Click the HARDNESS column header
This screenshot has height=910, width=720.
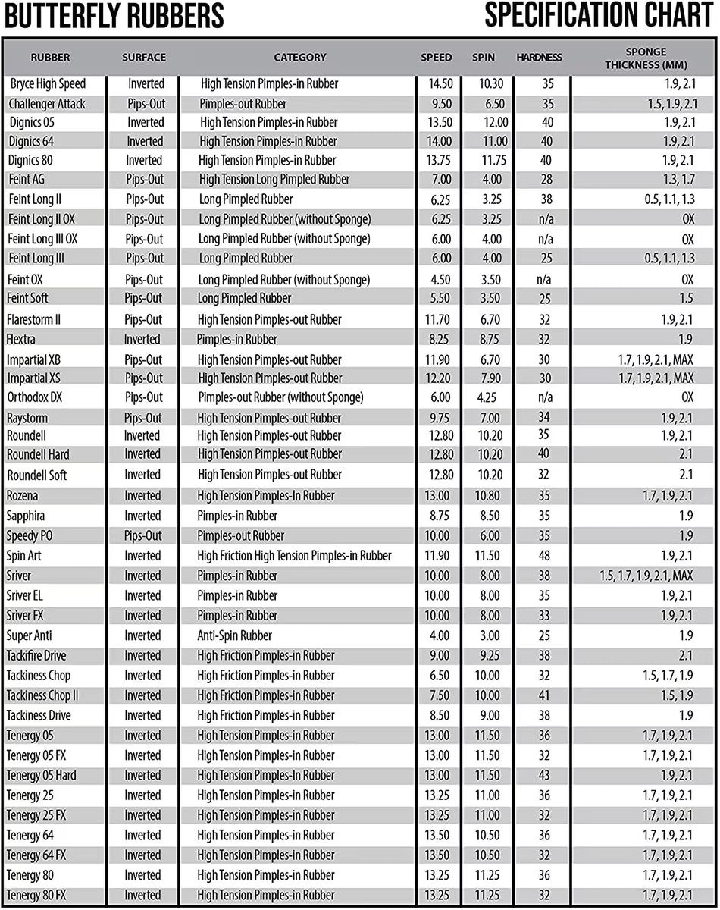(x=539, y=58)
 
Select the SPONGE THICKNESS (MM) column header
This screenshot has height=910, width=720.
(x=646, y=58)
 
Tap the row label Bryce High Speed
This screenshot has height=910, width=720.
(x=49, y=84)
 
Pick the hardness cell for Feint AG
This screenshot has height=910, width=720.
(x=543, y=180)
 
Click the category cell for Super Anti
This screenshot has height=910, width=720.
(x=234, y=635)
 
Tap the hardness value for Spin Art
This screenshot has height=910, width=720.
(x=543, y=556)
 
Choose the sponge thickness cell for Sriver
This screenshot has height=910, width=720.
(x=646, y=576)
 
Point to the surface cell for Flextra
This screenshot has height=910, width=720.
(x=142, y=339)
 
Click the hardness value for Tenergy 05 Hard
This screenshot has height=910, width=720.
(x=543, y=775)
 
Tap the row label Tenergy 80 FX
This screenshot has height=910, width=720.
(x=36, y=895)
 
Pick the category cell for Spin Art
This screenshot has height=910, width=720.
(x=294, y=556)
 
